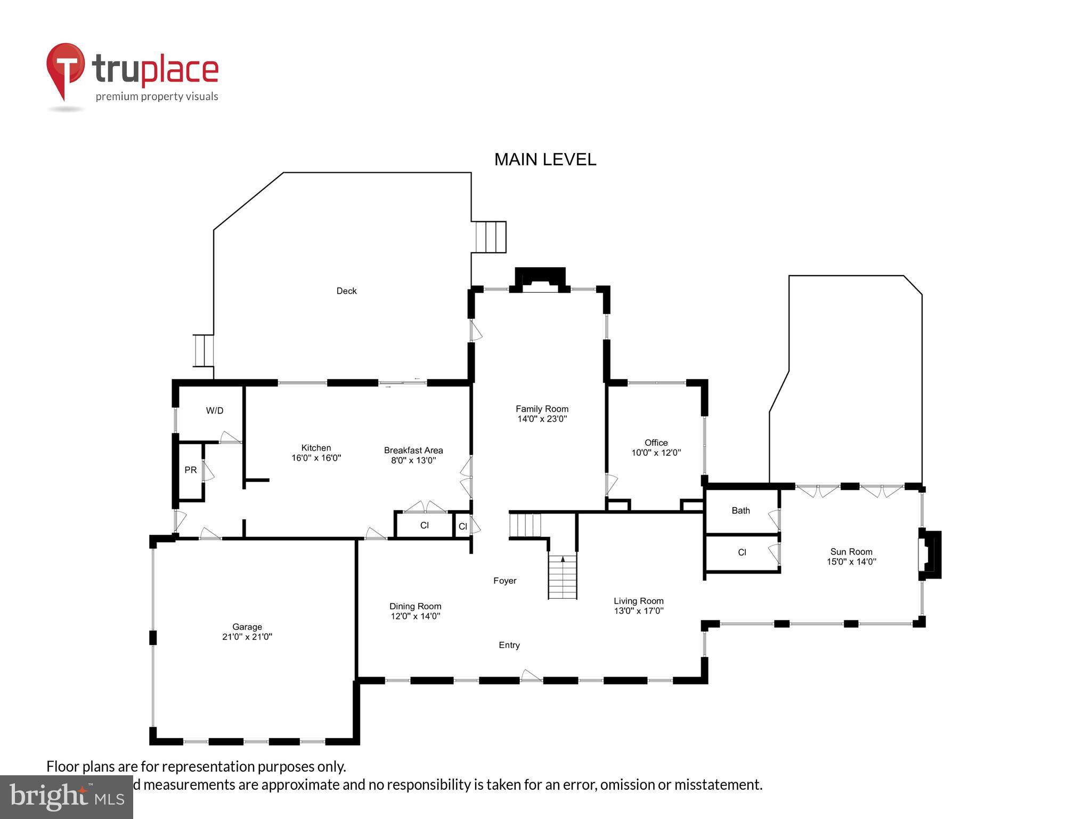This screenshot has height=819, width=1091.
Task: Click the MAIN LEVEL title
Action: point(545,159)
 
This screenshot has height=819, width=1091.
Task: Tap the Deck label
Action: point(346,291)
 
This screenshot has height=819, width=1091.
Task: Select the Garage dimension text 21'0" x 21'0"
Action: point(247,637)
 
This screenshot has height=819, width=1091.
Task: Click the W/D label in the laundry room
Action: point(215,411)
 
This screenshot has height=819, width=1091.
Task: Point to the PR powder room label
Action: point(190,470)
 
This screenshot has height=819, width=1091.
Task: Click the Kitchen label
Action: point(316,448)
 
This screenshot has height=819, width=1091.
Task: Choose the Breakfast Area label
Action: point(413,451)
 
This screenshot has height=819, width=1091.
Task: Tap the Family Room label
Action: point(542,409)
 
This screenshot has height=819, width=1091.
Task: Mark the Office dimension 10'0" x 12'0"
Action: point(656,453)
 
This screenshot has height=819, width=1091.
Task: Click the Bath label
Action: point(740,510)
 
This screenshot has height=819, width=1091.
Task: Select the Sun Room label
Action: point(851,552)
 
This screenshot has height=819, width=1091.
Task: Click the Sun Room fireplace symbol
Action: point(930,555)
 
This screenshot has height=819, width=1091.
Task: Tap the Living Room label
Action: point(638,601)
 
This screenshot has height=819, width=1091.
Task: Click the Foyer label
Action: point(504,581)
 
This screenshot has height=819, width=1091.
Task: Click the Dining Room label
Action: point(415,606)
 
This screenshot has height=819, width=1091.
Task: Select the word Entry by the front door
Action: point(509,645)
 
